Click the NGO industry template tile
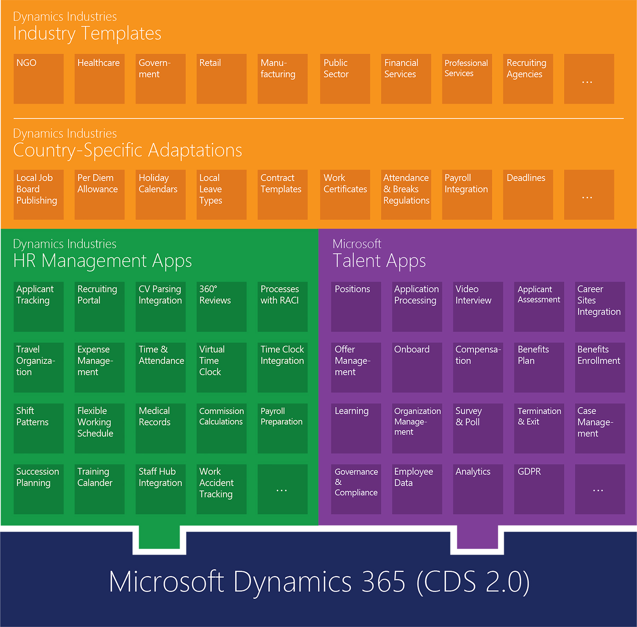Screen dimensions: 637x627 pyautogui.click(x=39, y=79)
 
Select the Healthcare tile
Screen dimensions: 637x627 pyautogui.click(x=99, y=79)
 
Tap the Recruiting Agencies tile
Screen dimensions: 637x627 pyautogui.click(x=528, y=79)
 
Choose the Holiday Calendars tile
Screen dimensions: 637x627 pyautogui.click(x=161, y=195)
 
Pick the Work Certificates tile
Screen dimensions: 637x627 pyautogui.click(x=345, y=195)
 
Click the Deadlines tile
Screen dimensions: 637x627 pyautogui.click(x=528, y=195)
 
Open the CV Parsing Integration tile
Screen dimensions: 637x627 pyautogui.click(x=161, y=307)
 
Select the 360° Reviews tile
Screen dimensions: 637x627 pyautogui.click(x=222, y=307)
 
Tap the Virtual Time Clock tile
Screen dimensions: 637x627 pyautogui.click(x=222, y=368)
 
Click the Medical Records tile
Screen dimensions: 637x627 pyautogui.click(x=161, y=428)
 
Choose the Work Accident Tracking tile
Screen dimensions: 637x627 pyautogui.click(x=222, y=489)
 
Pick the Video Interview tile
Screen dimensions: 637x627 pyautogui.click(x=478, y=307)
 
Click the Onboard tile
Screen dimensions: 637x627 pyautogui.click(x=417, y=368)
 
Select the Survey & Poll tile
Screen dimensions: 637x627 pyautogui.click(x=478, y=428)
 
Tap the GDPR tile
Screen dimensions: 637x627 pyautogui.click(x=539, y=489)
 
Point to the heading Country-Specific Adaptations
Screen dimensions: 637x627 pyautogui.click(x=128, y=150)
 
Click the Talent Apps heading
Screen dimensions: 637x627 pyautogui.click(x=379, y=261)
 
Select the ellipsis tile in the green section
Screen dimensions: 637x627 pyautogui.click(x=282, y=489)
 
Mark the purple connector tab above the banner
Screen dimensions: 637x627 pyautogui.click(x=477, y=537)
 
